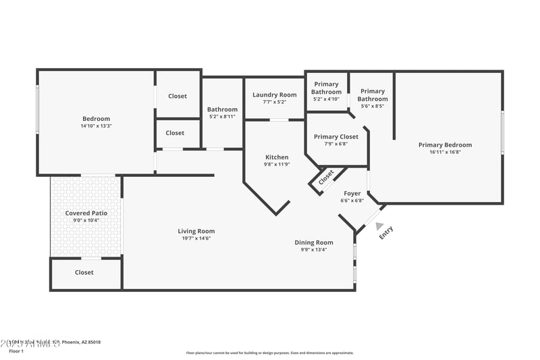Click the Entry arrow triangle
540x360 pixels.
tap(379, 227)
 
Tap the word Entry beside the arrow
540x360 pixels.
tap(386, 232)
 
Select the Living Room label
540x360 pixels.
tap(196, 231)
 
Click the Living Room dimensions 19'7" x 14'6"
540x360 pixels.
tap(196, 238)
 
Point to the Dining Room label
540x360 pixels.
tap(314, 242)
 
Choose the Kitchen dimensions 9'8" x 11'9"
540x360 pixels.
tap(276, 165)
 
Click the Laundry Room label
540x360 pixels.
tap(274, 95)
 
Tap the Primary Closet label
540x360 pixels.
tap(336, 136)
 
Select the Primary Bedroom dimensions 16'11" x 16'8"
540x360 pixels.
tap(445, 152)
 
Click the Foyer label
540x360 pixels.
tap(352, 193)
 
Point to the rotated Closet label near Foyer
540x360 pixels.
tap(326, 178)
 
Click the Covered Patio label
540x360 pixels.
tap(86, 213)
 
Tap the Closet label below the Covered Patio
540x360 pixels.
tap(84, 272)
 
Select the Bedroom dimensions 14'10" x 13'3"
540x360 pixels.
tap(96, 126)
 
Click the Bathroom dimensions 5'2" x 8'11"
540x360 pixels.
tap(222, 117)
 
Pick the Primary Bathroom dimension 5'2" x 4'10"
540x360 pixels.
tap(326, 99)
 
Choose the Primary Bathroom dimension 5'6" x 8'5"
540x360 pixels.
tap(372, 106)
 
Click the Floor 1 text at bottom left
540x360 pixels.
tap(16, 351)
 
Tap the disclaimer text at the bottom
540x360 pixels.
tap(269, 353)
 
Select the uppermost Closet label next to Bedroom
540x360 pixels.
tap(178, 96)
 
